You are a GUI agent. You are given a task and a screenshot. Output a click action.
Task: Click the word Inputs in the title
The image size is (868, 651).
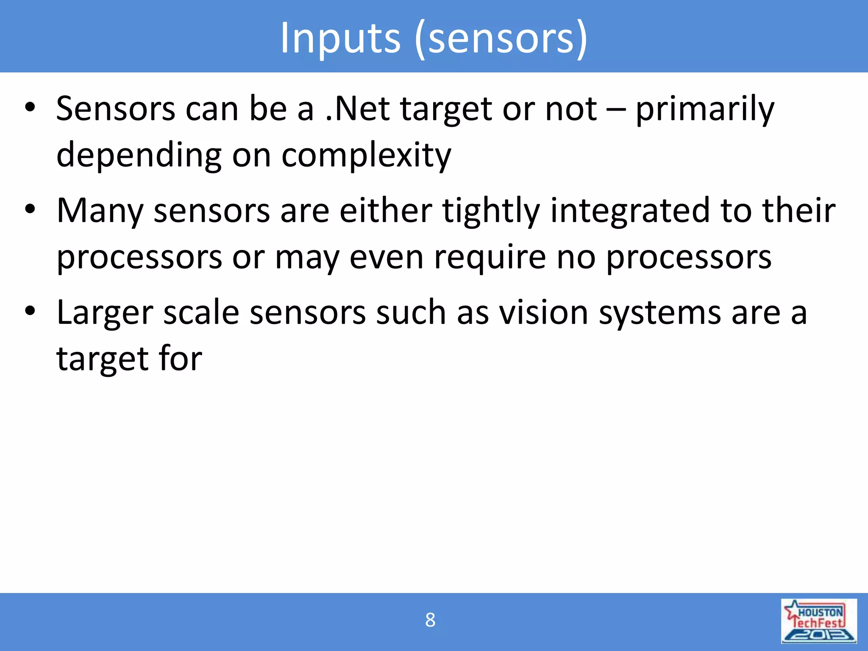pyautogui.click(x=340, y=39)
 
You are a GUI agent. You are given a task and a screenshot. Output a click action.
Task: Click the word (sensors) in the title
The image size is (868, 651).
pyautogui.click(x=501, y=39)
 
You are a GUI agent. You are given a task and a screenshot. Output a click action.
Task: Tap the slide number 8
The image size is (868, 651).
pyautogui.click(x=430, y=620)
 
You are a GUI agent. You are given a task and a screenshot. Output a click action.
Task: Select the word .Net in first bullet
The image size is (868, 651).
pyautogui.click(x=357, y=109)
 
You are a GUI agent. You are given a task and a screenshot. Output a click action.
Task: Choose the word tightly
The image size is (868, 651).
pyautogui.click(x=491, y=211)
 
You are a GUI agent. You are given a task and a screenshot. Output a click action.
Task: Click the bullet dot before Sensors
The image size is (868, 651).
pyautogui.click(x=30, y=108)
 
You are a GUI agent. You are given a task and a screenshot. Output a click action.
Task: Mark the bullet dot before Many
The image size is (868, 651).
pyautogui.click(x=30, y=209)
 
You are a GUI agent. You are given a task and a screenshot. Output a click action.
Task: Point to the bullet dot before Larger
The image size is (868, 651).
pyautogui.click(x=30, y=311)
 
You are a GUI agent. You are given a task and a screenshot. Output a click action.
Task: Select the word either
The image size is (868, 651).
pyautogui.click(x=386, y=210)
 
